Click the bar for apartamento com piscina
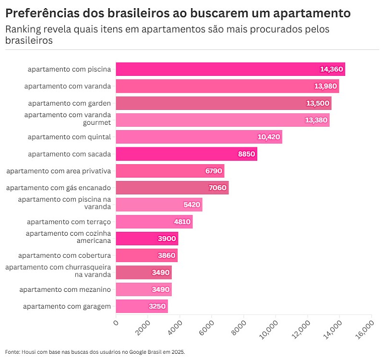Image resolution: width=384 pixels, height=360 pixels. pos(230,69)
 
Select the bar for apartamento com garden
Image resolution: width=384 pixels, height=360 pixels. pos(224,103)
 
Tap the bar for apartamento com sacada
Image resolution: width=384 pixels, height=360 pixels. pos(186,154)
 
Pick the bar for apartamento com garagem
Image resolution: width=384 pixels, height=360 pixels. pos(142,306)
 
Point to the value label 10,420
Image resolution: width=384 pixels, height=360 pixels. pos(269,137)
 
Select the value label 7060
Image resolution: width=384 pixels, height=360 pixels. pos(217,188)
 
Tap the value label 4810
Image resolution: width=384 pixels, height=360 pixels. pos(182,222)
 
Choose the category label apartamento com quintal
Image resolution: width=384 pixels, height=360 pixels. pos(69,137)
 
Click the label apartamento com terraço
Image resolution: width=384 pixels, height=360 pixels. pos(69,222)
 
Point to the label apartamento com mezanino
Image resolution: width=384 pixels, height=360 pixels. pos(65,289)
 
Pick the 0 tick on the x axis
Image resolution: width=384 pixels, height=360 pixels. pos(116,323)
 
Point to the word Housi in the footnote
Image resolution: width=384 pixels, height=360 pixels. pos(27,351)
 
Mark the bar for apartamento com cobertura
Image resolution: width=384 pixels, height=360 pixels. pos(146,255)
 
